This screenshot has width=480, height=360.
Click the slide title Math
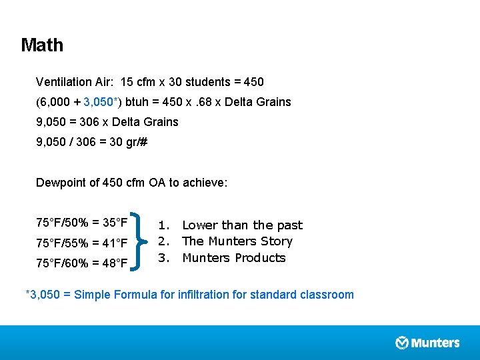click(42, 45)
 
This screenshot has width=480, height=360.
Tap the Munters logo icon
click(402, 343)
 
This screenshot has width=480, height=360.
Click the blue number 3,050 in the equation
click(98, 102)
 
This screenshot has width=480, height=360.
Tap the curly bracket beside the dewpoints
click(139, 242)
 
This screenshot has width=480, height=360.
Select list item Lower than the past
click(242, 225)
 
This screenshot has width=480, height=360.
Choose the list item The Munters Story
click(237, 241)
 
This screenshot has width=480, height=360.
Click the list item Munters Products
click(233, 258)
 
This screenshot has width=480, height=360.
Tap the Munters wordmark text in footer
click(435, 343)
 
